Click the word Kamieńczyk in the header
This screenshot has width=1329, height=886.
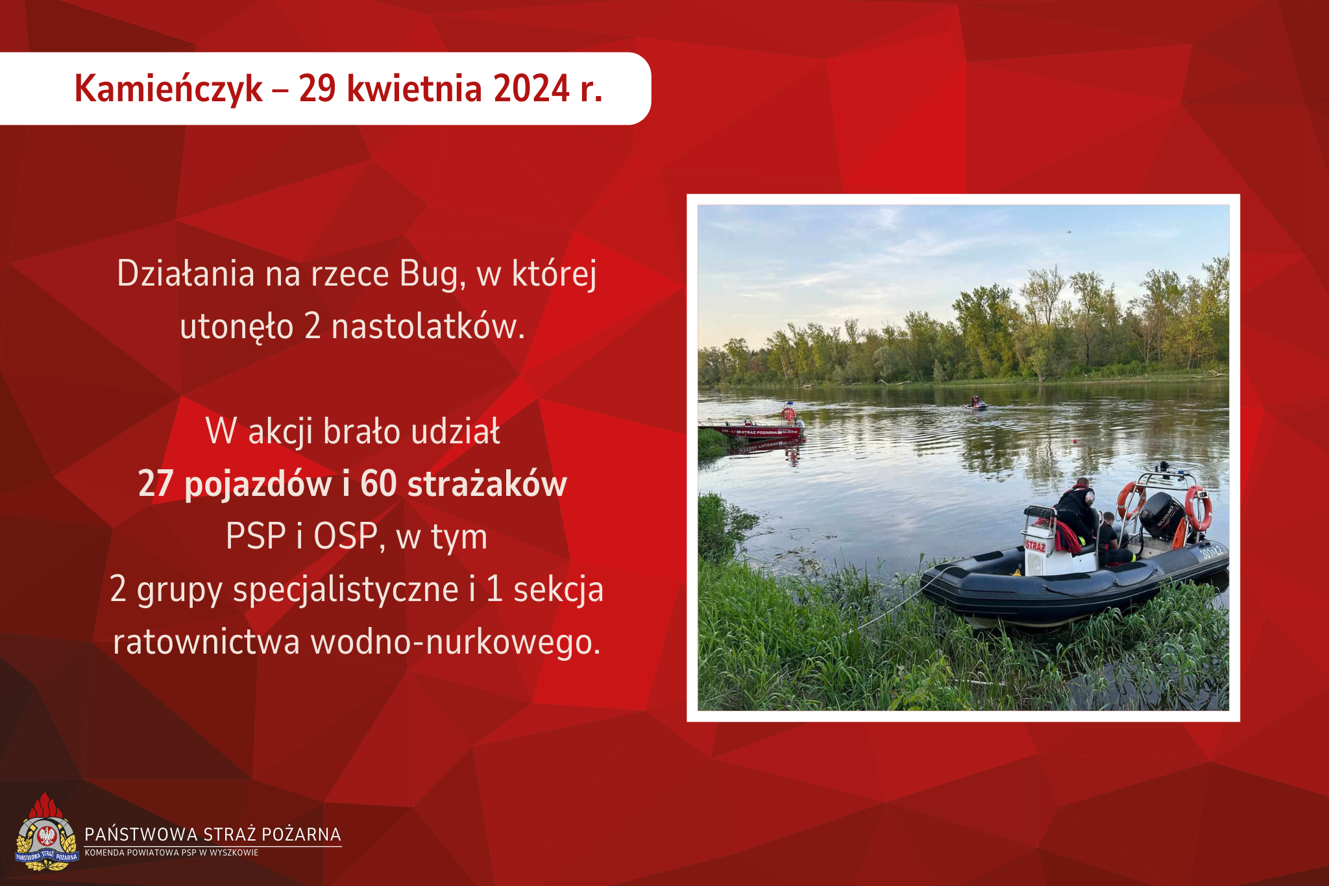pyautogui.click(x=169, y=89)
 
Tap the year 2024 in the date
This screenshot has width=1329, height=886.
pyautogui.click(x=531, y=88)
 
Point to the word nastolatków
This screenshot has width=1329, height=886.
pyautogui.click(x=428, y=326)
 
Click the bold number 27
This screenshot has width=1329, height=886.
pyautogui.click(x=155, y=484)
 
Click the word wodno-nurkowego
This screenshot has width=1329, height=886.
pyautogui.click(x=456, y=642)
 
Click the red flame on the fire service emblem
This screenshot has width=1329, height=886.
pyautogui.click(x=45, y=806)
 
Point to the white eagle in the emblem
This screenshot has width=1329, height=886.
pyautogui.click(x=47, y=835)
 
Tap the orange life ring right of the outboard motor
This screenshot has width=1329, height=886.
pyautogui.click(x=1199, y=508)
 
